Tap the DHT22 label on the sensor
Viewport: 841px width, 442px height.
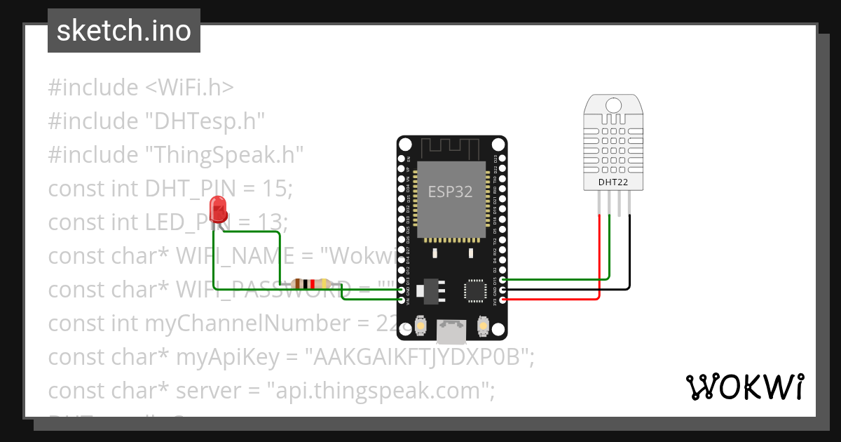tap(613, 183)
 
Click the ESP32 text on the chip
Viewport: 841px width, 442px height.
tap(451, 192)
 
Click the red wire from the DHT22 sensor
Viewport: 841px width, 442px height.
tap(600, 260)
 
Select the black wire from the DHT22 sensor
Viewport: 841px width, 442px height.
tap(629, 260)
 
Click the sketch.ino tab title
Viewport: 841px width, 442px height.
tap(123, 31)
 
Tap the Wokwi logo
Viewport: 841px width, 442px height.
tap(744, 387)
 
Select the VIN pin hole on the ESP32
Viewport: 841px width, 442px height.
tap(402, 300)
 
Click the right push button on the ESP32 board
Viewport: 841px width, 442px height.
tap(482, 326)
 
